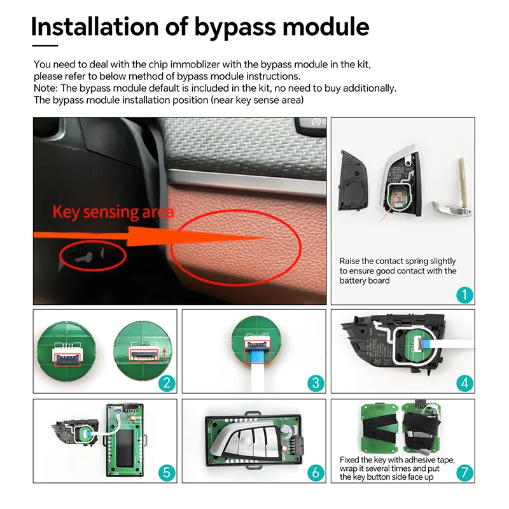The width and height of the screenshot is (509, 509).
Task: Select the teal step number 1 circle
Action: pos(465,295)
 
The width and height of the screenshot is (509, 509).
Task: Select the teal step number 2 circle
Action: pos(167,383)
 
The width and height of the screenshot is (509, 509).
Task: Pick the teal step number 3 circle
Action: pos(316,383)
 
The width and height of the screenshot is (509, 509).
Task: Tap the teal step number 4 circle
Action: pos(465,383)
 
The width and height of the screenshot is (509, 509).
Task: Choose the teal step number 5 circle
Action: pos(167,473)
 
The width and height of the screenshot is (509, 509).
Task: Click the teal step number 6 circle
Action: pos(316,473)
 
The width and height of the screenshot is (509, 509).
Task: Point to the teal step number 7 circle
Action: pos(465,473)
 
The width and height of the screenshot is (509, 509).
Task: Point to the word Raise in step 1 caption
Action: pos(351,261)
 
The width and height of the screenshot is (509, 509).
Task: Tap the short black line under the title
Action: pos(45,46)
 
